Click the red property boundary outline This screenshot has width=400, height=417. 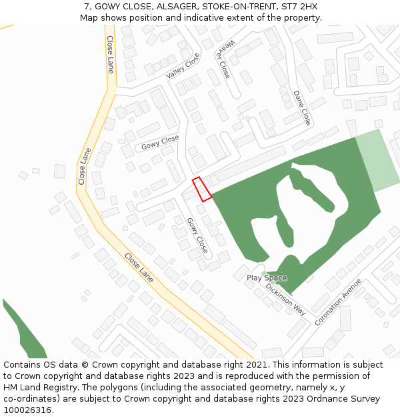tap(202, 189)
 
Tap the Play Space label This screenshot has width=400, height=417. tap(267, 278)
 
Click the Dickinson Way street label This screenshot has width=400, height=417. tap(285, 298)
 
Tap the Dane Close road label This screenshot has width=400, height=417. tap(302, 108)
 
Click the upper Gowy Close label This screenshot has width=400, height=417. tap(160, 142)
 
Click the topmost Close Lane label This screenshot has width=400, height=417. tap(111, 55)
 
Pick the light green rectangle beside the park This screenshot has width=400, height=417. tap(376, 161)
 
